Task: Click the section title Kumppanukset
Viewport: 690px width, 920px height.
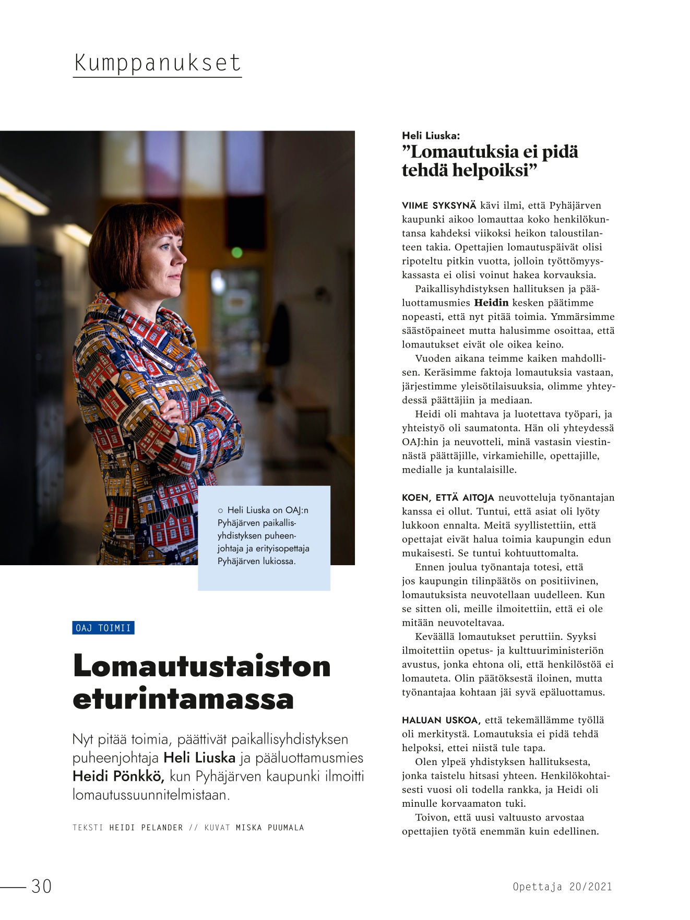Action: (157, 63)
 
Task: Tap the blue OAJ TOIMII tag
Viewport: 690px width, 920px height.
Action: (103, 628)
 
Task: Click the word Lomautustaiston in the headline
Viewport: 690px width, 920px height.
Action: (202, 666)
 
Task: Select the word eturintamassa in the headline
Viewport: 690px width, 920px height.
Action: (183, 699)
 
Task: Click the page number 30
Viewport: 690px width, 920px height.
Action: (42, 886)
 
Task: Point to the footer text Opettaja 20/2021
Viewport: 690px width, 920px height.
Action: (562, 887)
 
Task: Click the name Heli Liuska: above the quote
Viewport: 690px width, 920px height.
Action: (431, 136)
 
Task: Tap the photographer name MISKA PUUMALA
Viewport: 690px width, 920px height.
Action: (269, 828)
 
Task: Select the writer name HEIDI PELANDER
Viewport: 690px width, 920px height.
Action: (146, 828)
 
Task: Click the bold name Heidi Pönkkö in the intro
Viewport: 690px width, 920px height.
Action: (118, 776)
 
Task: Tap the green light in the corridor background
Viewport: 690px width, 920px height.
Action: (236, 253)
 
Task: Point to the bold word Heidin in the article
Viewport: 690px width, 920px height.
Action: (491, 303)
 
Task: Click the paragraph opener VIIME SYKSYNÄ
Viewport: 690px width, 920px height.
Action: (439, 206)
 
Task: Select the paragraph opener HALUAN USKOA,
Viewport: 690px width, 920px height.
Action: (441, 720)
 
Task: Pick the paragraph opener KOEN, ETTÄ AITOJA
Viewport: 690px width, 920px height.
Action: (448, 498)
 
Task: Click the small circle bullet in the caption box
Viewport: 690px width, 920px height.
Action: (220, 510)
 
